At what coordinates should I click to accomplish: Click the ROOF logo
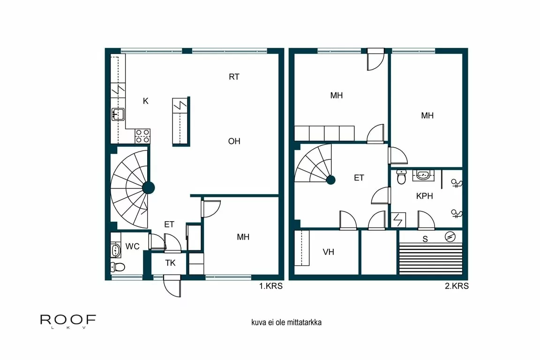(68, 321)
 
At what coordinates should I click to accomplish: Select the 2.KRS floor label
(456, 286)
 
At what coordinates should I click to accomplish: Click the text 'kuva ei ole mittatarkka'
(286, 322)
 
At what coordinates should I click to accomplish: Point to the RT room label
(234, 77)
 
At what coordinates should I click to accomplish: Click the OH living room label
(234, 141)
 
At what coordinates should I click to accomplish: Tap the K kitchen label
(146, 101)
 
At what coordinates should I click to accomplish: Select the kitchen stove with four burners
(142, 136)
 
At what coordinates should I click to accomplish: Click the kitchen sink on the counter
(118, 114)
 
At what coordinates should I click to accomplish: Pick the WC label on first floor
(132, 247)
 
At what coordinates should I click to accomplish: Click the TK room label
(170, 263)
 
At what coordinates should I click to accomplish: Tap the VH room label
(328, 252)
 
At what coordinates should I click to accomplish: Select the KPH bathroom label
(424, 196)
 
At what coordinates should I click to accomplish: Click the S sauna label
(425, 239)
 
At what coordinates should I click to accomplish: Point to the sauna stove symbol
(450, 237)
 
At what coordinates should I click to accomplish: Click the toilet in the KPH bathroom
(401, 177)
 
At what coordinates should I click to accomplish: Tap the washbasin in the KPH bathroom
(423, 175)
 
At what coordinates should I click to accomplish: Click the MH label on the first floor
(243, 237)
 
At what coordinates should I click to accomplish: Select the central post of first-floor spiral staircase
(148, 188)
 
